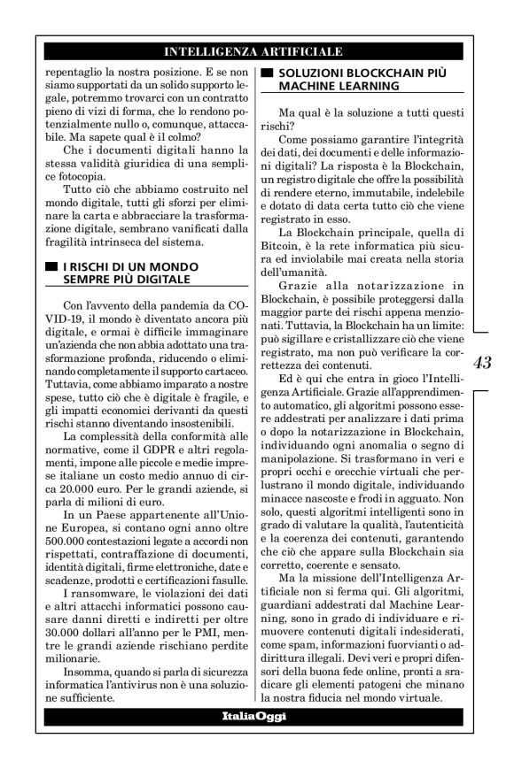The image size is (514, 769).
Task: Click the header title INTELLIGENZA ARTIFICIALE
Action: (256, 51)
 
